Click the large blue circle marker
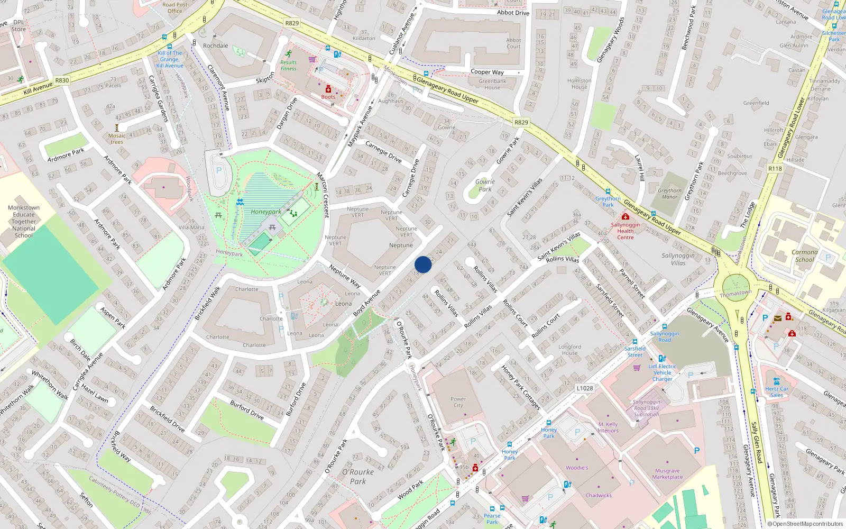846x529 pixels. click(423, 264)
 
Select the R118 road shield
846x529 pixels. click(775, 169)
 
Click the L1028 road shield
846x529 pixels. click(584, 388)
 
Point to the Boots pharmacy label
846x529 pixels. click(328, 97)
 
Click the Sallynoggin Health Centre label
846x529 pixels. click(625, 231)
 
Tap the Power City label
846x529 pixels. click(458, 402)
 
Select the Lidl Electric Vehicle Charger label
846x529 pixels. click(662, 372)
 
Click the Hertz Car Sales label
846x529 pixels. click(776, 392)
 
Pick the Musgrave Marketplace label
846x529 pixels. click(667, 473)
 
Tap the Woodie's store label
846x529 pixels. click(576, 468)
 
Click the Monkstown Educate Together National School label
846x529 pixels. click(24, 222)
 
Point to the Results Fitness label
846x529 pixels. click(288, 65)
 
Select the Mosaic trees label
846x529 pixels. click(117, 139)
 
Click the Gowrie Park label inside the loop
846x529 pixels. click(485, 185)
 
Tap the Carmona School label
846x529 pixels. click(804, 256)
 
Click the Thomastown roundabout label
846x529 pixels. click(735, 293)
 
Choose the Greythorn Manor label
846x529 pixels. click(669, 194)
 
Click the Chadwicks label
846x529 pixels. click(599, 496)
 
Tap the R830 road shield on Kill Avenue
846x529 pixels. click(62, 80)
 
